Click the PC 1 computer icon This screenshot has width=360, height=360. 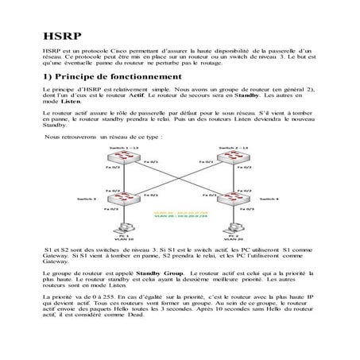122,230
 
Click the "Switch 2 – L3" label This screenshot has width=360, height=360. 236,148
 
